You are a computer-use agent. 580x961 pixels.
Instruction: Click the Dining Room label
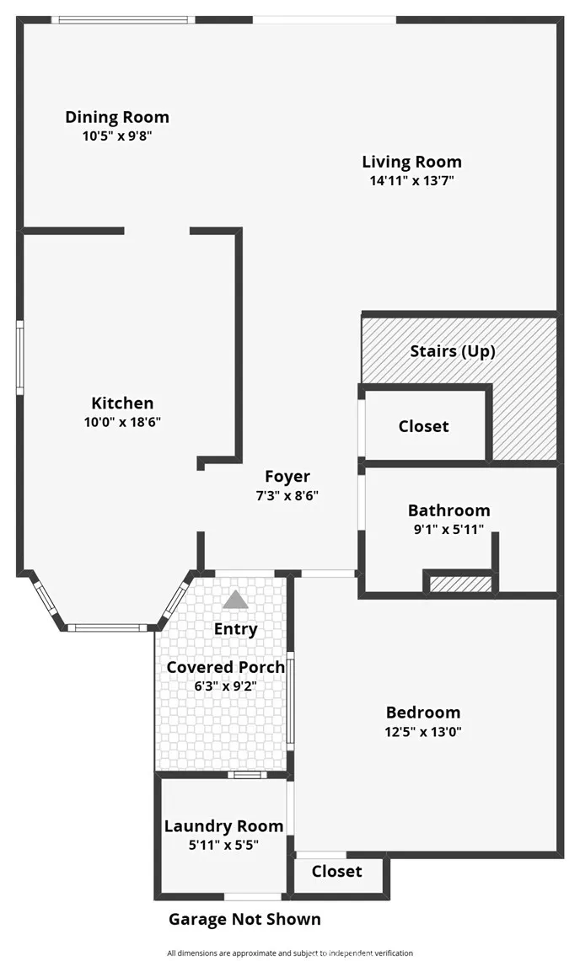tap(117, 117)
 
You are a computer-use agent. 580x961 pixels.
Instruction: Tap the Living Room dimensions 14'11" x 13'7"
tap(412, 180)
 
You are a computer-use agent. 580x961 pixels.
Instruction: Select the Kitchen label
tap(123, 403)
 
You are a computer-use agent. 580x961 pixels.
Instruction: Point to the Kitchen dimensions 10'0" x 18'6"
tap(123, 422)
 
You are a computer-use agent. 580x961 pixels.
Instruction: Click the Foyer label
tap(287, 477)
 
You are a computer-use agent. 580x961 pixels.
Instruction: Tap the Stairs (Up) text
tap(453, 351)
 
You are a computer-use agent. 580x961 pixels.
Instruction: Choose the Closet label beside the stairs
tap(423, 426)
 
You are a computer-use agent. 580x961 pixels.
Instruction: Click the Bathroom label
tap(449, 510)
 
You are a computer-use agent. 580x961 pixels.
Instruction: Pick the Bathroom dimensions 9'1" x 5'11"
tap(449, 529)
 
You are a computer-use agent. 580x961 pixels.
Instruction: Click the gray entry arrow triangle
tap(236, 600)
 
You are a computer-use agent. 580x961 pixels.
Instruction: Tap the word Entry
tap(236, 629)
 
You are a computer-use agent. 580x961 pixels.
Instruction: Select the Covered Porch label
tap(226, 667)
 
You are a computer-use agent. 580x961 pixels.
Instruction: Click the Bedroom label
tap(423, 713)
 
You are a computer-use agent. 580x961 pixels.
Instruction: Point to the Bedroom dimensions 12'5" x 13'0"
tap(423, 731)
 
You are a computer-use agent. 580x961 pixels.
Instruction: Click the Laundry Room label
tap(224, 826)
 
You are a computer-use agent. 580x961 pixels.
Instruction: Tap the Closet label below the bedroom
tap(337, 872)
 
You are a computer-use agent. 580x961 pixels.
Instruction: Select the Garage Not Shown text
tap(244, 920)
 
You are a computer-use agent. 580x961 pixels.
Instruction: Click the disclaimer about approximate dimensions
tap(290, 953)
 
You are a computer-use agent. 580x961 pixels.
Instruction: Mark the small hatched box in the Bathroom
tap(461, 584)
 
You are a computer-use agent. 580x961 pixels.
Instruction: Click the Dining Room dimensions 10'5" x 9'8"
tap(117, 136)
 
